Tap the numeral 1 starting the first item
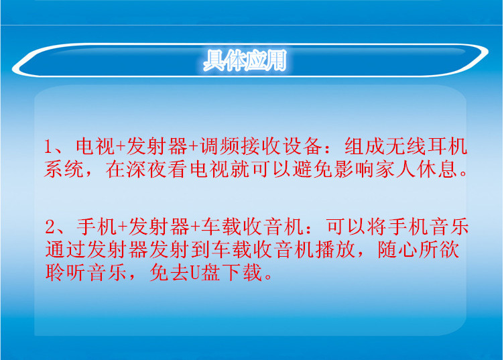[x=49, y=147]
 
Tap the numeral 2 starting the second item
[x=50, y=227]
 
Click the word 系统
[x=65, y=168]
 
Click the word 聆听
[x=65, y=272]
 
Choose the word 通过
[x=65, y=249]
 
